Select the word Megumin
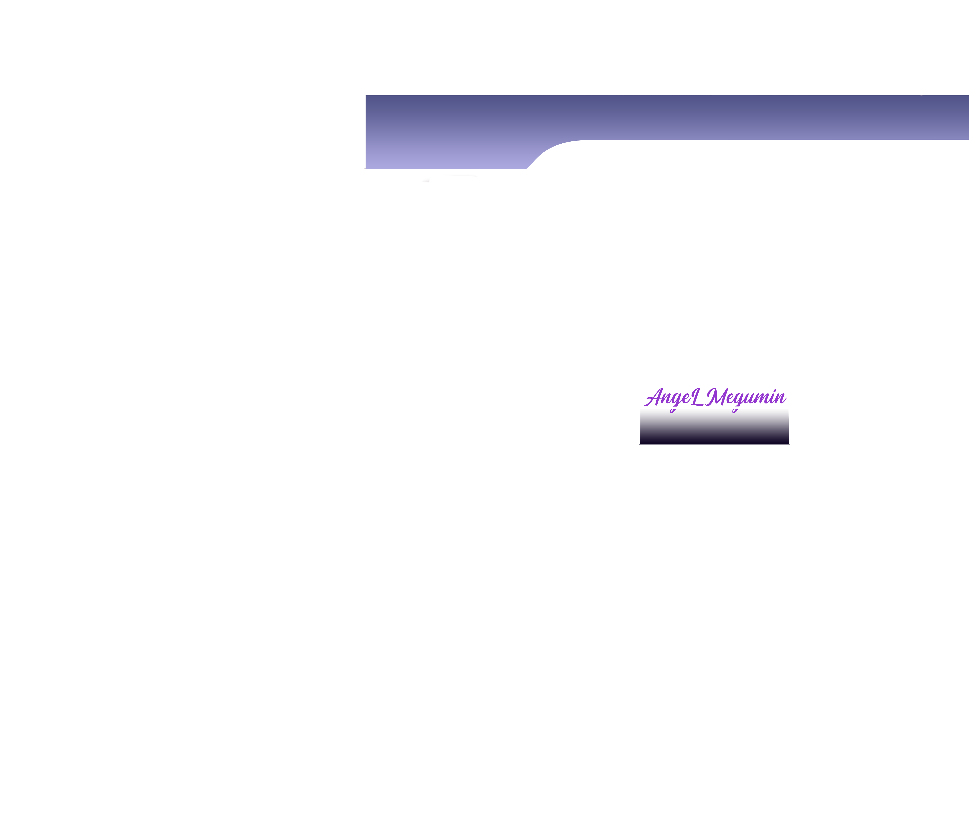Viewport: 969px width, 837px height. pyautogui.click(x=746, y=398)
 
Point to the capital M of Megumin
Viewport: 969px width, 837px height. pyautogui.click(x=716, y=398)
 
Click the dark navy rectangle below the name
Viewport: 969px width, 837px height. pyautogui.click(x=714, y=427)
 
